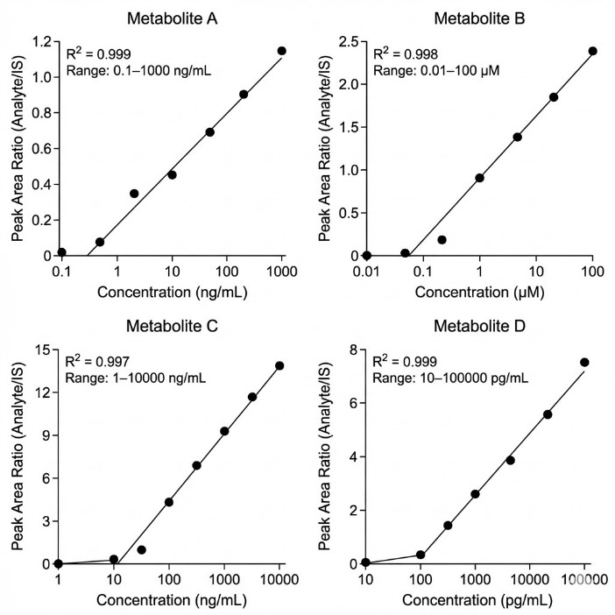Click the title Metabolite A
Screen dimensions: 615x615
(x=171, y=18)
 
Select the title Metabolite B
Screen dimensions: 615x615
(x=479, y=18)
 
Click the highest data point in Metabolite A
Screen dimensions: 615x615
(x=282, y=51)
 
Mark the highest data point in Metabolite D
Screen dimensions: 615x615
(x=584, y=362)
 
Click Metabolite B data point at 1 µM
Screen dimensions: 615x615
(x=479, y=178)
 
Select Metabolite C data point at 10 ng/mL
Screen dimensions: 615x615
(x=114, y=559)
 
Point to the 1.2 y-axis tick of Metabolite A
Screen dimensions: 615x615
(x=39, y=41)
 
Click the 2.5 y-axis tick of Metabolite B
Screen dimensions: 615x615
(x=348, y=41)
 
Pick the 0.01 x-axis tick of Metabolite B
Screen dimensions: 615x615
(x=366, y=273)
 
